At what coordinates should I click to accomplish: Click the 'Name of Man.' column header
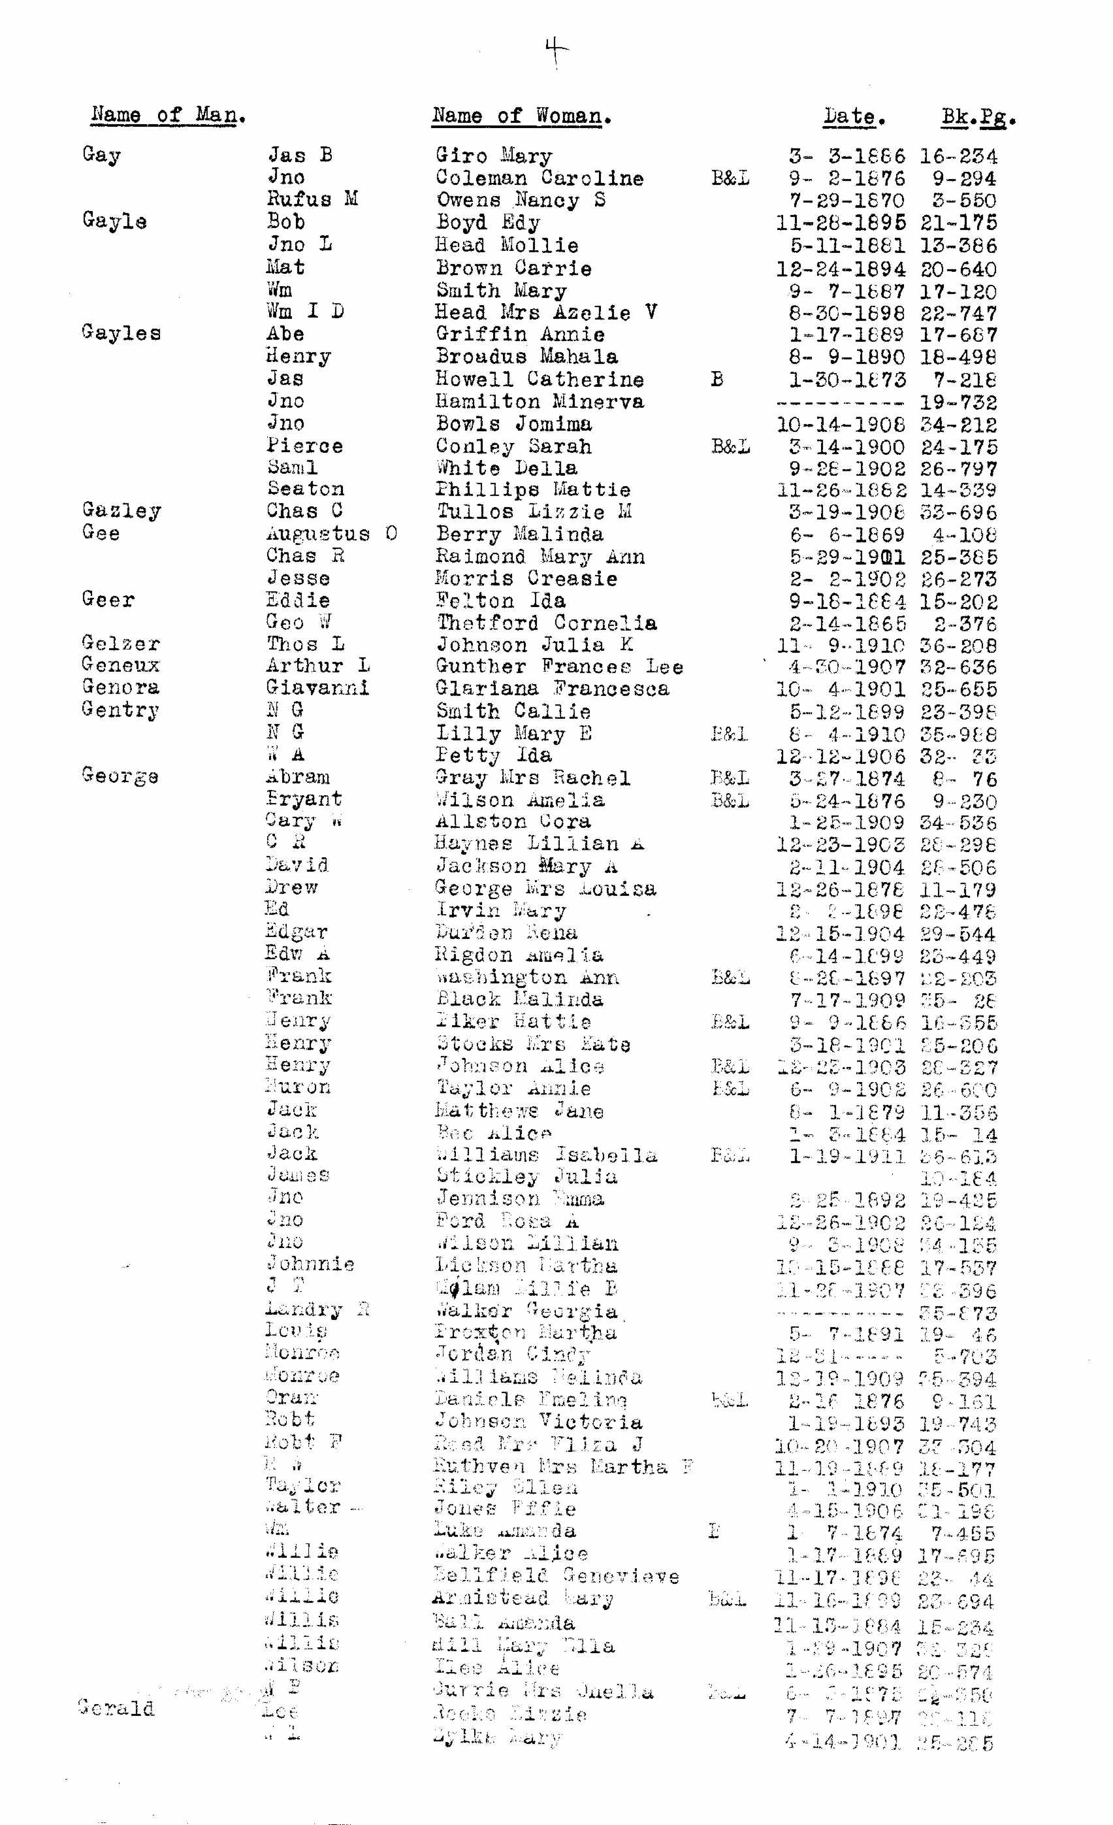click(x=168, y=115)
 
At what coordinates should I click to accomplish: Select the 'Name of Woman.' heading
click(x=521, y=116)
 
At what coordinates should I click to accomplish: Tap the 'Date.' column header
click(x=854, y=116)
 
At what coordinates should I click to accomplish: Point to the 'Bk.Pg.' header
click(x=978, y=117)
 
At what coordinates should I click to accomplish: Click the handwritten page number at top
click(x=556, y=51)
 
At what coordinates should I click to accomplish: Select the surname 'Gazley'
click(x=121, y=510)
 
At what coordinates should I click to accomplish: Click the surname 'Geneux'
click(x=121, y=665)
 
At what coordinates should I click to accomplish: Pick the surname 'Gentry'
click(x=121, y=710)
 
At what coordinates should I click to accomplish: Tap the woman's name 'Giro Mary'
click(x=493, y=156)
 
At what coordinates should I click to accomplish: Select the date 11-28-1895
click(x=840, y=222)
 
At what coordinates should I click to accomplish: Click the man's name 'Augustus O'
click(x=332, y=533)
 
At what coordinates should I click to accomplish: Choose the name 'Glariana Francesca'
click(x=552, y=688)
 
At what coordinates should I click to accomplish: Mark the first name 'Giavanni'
click(x=317, y=687)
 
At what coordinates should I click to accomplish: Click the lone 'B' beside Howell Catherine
click(x=716, y=379)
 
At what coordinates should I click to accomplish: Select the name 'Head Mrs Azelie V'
click(x=546, y=312)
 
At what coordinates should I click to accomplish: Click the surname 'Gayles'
click(x=121, y=333)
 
